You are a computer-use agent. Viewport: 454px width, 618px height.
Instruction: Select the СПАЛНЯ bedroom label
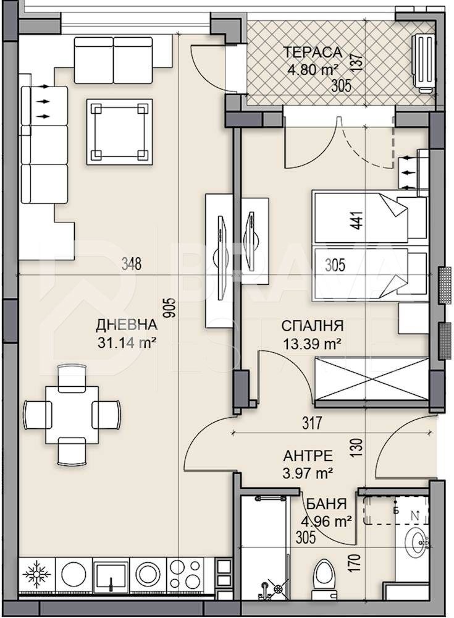pos(312,326)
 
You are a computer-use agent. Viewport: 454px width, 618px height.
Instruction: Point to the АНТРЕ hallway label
pos(308,456)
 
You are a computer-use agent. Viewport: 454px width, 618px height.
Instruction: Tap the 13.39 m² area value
pos(312,344)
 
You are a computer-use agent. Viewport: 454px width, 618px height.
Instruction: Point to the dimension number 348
pos(132,265)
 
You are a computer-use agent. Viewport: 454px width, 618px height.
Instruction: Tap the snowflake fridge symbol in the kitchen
pos(36,573)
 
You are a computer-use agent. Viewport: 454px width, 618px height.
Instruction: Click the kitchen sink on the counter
pos(111,574)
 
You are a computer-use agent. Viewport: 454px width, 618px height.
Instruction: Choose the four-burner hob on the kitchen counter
pos(185,574)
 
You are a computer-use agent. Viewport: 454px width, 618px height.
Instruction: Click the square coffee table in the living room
pos(120,131)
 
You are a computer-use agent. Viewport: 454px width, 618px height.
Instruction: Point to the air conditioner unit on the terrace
pos(424,63)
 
